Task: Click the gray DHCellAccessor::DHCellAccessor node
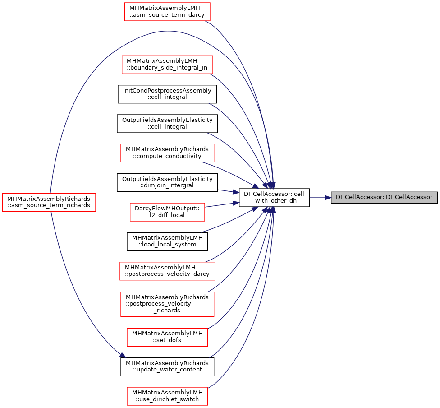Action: pyautogui.click(x=384, y=198)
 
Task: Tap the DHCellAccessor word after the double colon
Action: pyautogui.click(x=409, y=198)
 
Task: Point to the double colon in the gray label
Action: pyautogui.click(x=384, y=198)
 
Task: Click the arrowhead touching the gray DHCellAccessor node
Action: pyautogui.click(x=328, y=198)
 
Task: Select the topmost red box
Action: pyautogui.click(x=167, y=12)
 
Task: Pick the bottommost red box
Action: pyautogui.click(x=167, y=396)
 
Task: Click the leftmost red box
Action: pyautogui.click(x=49, y=203)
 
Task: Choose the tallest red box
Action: pyautogui.click(x=167, y=304)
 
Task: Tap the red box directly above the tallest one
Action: pyautogui.click(x=167, y=271)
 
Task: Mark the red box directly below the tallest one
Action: pyautogui.click(x=167, y=337)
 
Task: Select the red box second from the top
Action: pyautogui.click(x=167, y=65)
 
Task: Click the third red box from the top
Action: pyautogui.click(x=167, y=153)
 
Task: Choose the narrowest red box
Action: pyautogui.click(x=167, y=212)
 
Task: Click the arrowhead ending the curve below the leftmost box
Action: pyautogui.click(x=123, y=355)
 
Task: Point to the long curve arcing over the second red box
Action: pyautogui.click(x=167, y=31)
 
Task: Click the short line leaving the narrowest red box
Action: pyautogui.click(x=221, y=205)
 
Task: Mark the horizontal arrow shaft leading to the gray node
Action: pyautogui.click(x=317, y=198)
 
